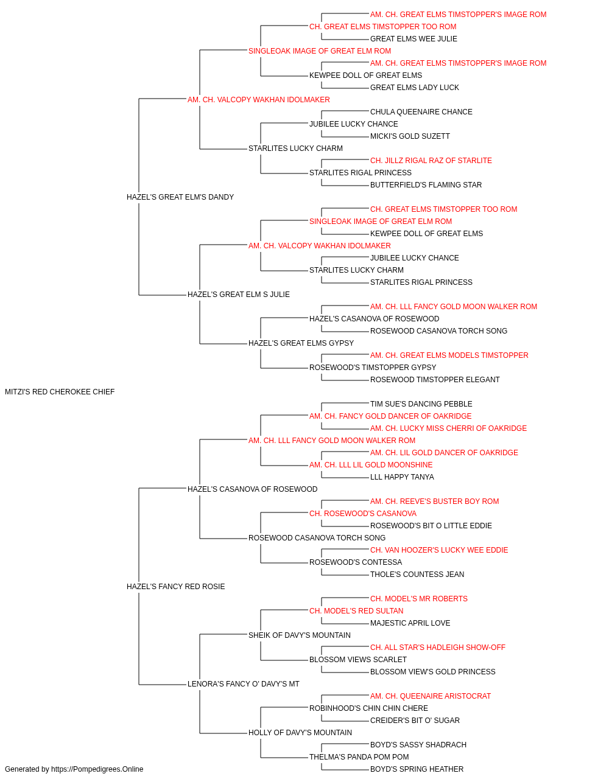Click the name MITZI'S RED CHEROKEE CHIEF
click(60, 392)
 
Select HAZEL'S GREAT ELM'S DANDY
click(180, 197)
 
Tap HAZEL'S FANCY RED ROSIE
click(176, 587)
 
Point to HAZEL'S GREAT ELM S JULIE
click(239, 295)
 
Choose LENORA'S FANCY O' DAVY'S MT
click(243, 683)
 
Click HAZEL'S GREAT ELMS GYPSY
click(301, 343)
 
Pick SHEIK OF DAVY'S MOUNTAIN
click(300, 635)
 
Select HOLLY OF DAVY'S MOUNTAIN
click(300, 732)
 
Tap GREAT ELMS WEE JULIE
click(414, 39)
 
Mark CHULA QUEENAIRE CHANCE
click(421, 112)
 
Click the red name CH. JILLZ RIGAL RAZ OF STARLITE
click(431, 161)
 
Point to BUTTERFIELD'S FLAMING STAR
click(426, 185)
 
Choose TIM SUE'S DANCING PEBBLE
click(421, 404)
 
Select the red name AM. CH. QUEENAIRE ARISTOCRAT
click(431, 696)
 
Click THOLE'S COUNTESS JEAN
click(417, 575)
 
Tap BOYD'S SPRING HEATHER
click(417, 769)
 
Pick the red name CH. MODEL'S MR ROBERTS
click(419, 599)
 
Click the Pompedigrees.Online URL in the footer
click(97, 769)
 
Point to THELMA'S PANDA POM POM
click(359, 756)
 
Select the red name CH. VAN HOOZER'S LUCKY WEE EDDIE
click(439, 550)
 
